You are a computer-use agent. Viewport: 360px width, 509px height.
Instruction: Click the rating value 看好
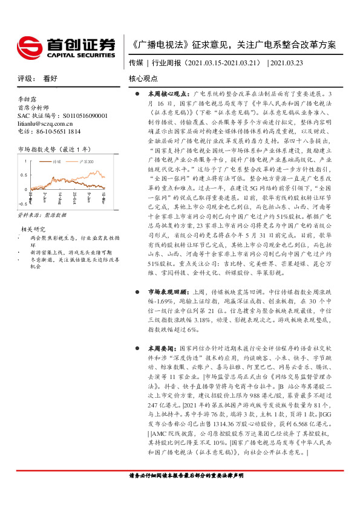click(x=50, y=78)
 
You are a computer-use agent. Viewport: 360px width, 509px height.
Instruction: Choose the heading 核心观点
click(x=143, y=79)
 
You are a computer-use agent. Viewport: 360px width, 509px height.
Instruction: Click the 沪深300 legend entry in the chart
click(x=87, y=162)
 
